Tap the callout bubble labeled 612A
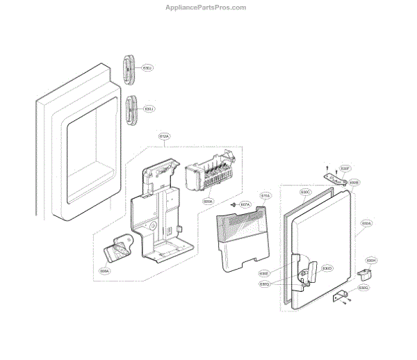165,136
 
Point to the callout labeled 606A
105,271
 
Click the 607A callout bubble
245,205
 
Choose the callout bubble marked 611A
265,197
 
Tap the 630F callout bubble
345,168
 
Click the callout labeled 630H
371,261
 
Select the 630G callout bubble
363,287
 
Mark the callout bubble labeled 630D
327,268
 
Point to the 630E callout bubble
264,273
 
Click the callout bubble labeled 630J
149,109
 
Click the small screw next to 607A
234,205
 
